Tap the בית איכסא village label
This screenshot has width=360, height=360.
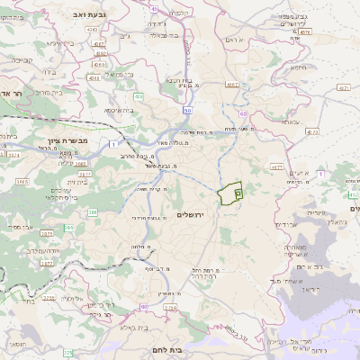coord(121,110)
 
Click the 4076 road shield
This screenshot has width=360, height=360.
coord(304,31)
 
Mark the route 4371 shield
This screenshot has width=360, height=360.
coord(343,88)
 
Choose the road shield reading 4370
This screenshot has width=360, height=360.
coord(312,131)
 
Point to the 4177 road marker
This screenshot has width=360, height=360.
coord(275,167)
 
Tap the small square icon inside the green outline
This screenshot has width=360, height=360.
coord(238,192)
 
